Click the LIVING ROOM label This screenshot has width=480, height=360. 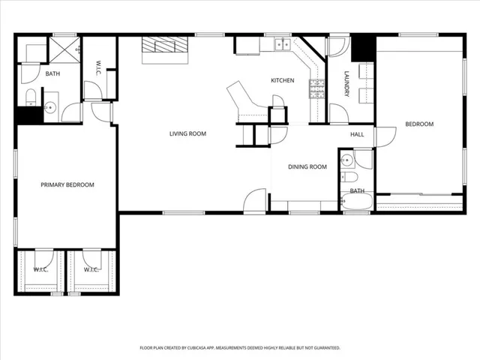[x=187, y=133]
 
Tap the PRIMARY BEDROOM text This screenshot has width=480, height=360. [x=67, y=184]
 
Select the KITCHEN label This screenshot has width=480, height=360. [x=282, y=81]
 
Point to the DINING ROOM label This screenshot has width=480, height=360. [x=307, y=166]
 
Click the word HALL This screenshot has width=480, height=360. [x=357, y=134]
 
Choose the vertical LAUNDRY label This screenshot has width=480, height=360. [x=346, y=84]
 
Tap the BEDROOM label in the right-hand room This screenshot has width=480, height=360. [x=419, y=124]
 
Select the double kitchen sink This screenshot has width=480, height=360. [x=282, y=44]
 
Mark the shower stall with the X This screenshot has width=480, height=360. [x=64, y=49]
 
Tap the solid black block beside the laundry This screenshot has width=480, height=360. [x=363, y=48]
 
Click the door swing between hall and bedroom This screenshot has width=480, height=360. [x=384, y=136]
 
